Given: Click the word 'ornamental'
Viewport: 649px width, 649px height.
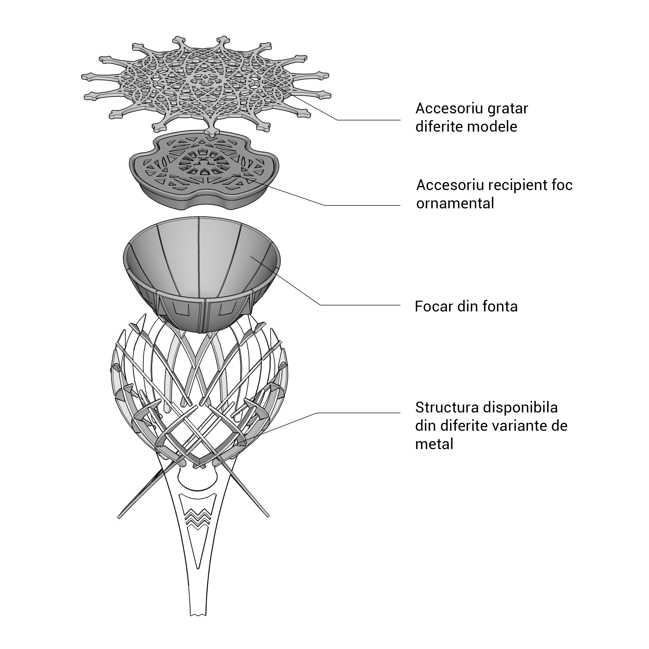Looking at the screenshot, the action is pyautogui.click(x=455, y=204).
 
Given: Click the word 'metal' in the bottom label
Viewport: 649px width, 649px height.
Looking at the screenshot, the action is pyautogui.click(x=434, y=444).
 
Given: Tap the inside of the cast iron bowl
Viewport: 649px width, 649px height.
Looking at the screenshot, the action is pyautogui.click(x=202, y=255).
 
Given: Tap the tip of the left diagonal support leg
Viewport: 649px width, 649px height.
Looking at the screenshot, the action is pyautogui.click(x=119, y=518).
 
